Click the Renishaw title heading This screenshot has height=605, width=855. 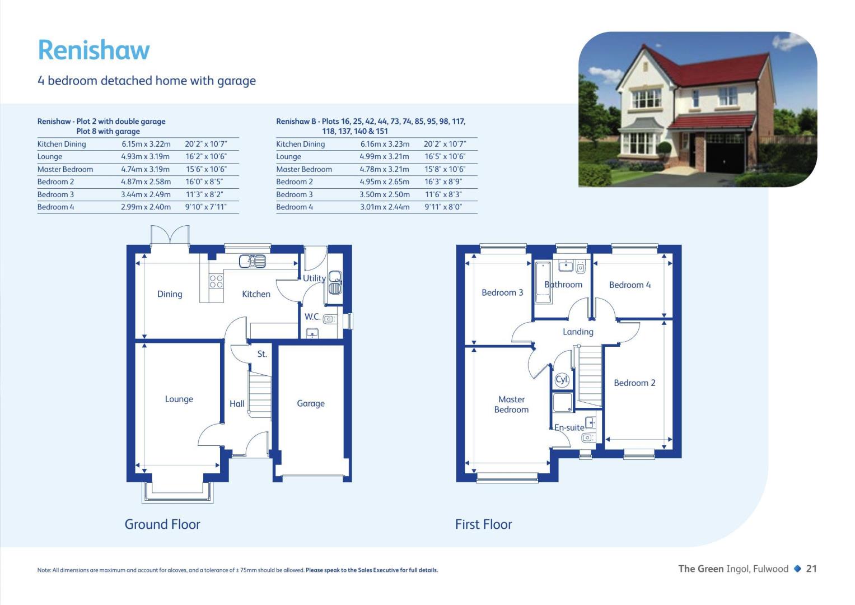point(94,50)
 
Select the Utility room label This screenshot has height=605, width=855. point(314,278)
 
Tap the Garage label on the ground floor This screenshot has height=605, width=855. point(311,403)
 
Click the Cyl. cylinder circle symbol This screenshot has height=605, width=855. point(562,380)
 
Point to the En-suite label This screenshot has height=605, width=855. point(569,427)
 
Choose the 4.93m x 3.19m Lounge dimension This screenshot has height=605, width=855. point(146,157)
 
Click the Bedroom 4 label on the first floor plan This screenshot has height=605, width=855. point(630,285)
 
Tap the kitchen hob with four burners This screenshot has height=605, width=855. point(216,282)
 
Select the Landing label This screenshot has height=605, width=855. point(578,332)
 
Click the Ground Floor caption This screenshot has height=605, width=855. point(162,524)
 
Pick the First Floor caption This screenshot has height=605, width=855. point(483,524)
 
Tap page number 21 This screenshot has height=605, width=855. point(811,569)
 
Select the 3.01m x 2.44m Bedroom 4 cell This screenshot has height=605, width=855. point(385,207)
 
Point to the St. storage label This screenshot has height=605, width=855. point(262,354)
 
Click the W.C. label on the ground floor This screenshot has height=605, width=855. point(312,317)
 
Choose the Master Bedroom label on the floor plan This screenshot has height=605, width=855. point(511,404)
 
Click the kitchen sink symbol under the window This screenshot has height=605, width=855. point(253,261)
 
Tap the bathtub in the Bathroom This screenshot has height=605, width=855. point(543,282)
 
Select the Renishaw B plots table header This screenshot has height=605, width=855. point(371,126)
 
